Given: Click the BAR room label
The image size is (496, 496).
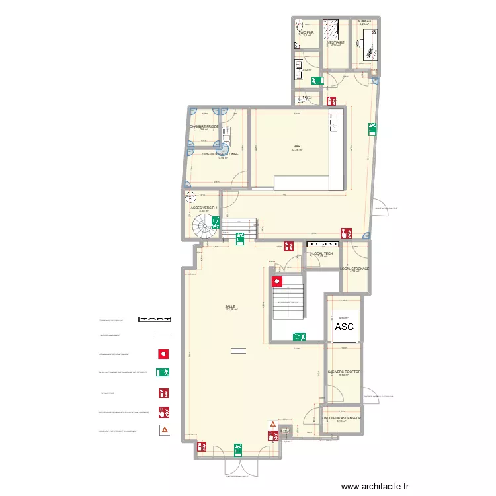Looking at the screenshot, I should point(297,146).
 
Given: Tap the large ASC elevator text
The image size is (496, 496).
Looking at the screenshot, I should point(344,327).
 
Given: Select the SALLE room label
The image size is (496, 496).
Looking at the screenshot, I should point(230,306).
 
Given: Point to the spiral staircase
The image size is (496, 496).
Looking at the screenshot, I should point(205,228).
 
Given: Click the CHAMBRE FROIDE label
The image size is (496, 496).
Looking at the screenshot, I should point(204,126).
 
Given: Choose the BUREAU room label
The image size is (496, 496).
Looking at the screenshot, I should point(364,21).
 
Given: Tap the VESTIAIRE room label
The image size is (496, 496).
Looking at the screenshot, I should point(335,42).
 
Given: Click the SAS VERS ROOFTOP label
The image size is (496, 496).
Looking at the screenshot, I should point(344,372).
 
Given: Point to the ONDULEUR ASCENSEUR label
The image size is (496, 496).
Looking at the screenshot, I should point(341,418).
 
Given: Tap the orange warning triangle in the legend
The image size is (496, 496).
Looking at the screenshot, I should point(163,430).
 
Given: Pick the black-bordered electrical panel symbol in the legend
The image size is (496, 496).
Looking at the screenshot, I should point(155,318).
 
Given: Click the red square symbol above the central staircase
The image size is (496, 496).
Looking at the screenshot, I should point(276,282).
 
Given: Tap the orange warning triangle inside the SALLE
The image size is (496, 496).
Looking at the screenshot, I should point(271,424).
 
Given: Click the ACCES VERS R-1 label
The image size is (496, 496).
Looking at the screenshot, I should point(204,207).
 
